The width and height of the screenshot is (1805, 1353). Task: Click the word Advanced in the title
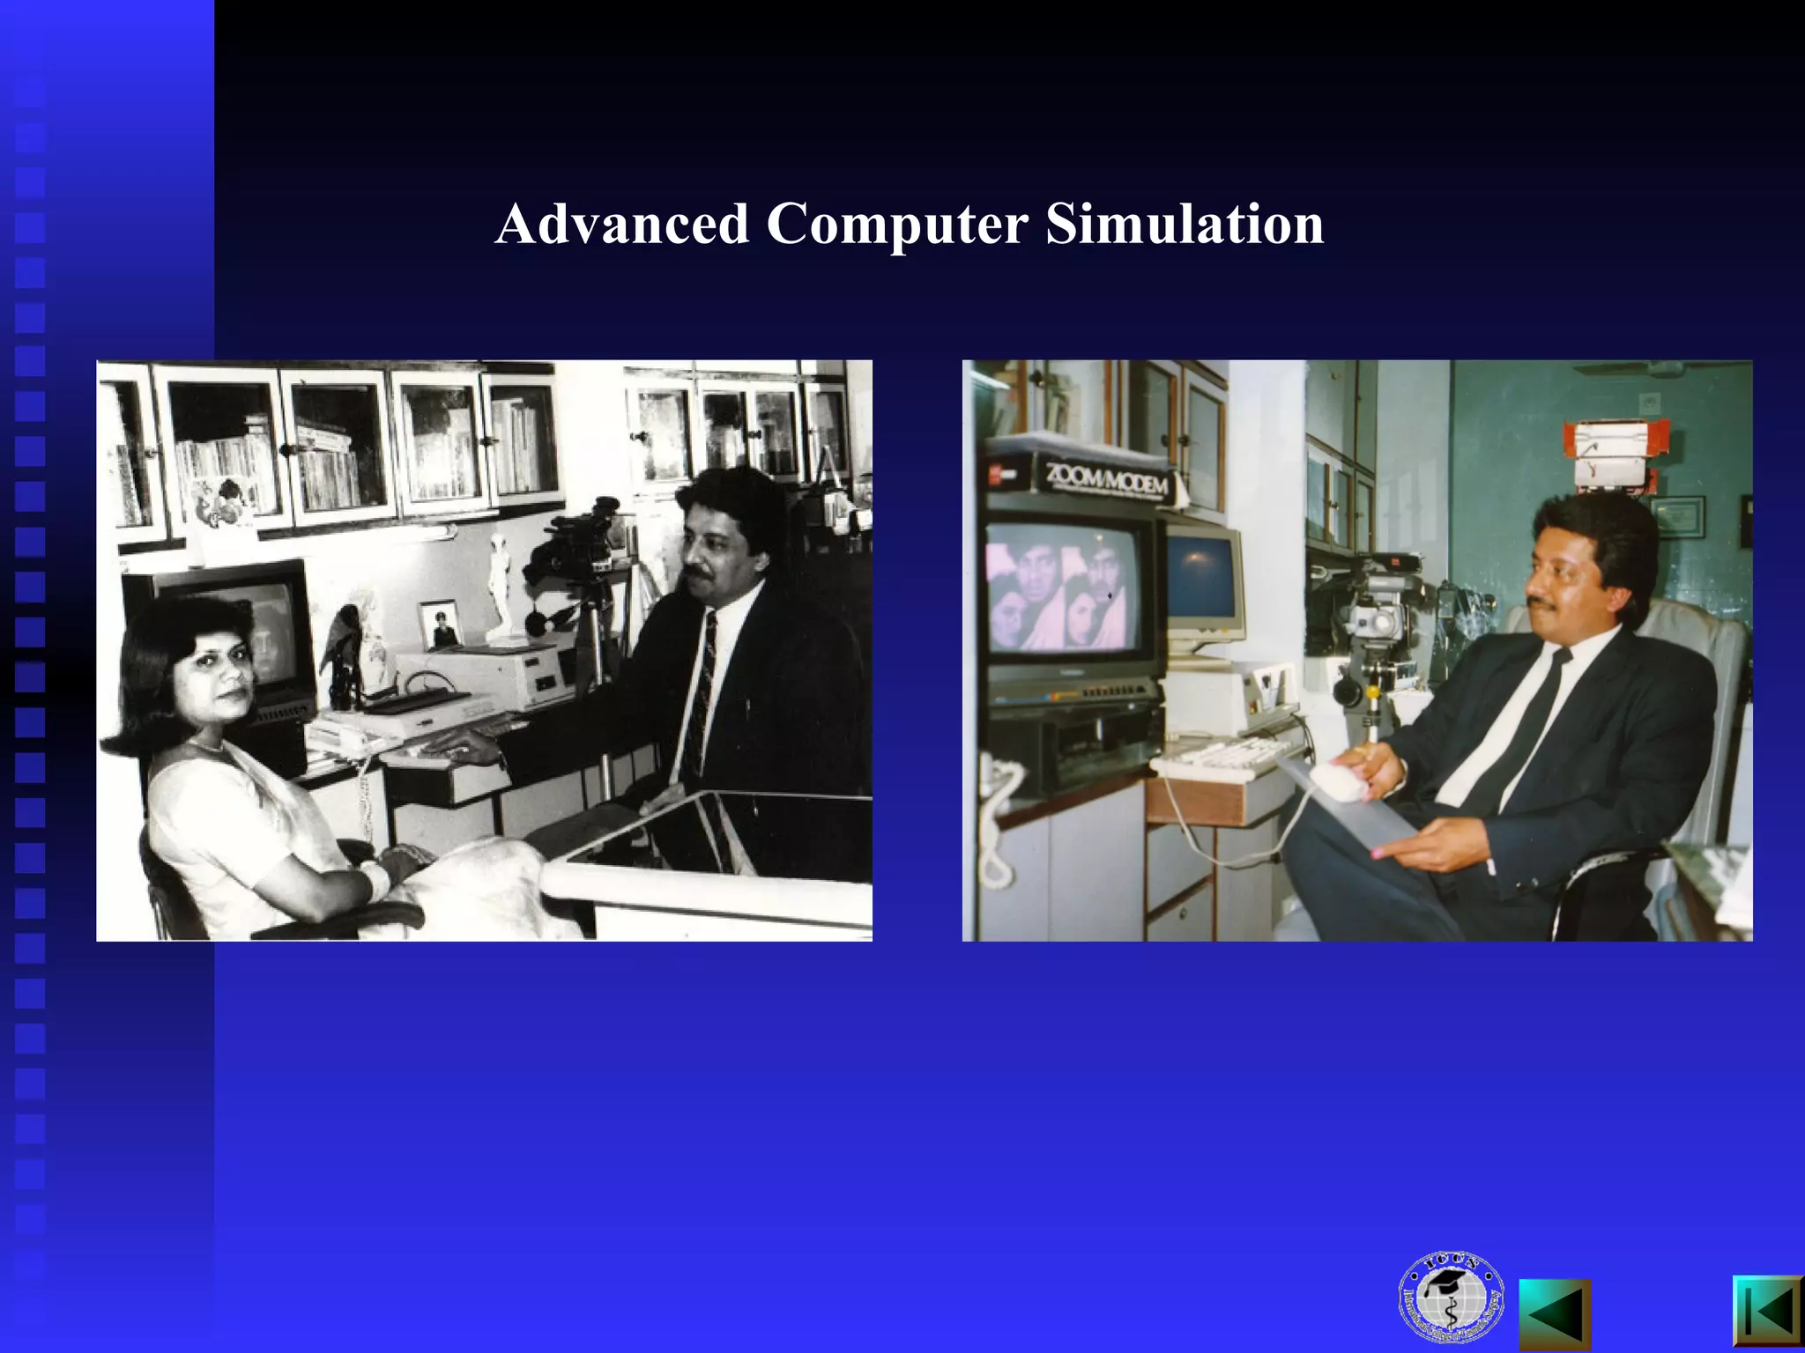coord(622,224)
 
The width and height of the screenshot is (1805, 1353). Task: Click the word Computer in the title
coord(896,224)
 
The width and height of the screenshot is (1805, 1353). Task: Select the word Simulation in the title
coord(1185,224)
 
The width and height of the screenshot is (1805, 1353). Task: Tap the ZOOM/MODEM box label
coord(1107,479)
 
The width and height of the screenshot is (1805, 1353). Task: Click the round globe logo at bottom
coord(1450,1298)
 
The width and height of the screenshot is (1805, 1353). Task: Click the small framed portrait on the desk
coord(439,625)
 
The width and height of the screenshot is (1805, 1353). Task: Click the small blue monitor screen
coord(1202,576)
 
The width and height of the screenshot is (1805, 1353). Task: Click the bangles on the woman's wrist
coord(375,877)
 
